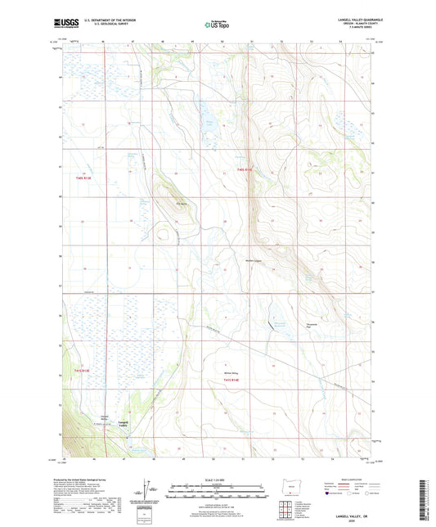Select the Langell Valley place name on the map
(124, 425)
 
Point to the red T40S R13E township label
(84, 177)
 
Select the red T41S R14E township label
(237, 382)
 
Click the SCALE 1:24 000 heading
(218, 479)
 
